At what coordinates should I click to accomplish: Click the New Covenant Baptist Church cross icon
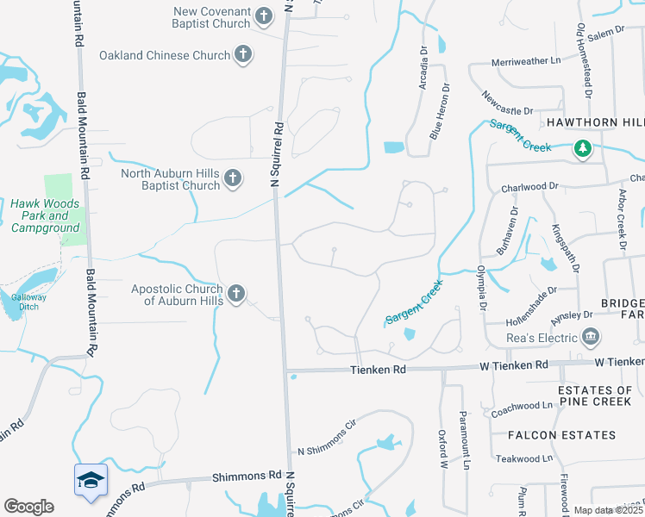pyautogui.click(x=264, y=16)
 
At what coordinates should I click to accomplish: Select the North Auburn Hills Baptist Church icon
pyautogui.click(x=232, y=179)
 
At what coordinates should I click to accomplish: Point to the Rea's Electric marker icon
pyautogui.click(x=590, y=336)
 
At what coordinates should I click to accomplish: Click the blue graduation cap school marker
pyautogui.click(x=90, y=481)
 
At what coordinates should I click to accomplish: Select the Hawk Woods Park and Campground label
pyautogui.click(x=46, y=215)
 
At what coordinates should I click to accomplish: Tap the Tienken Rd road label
pyautogui.click(x=377, y=369)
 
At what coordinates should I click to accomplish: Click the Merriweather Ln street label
pyautogui.click(x=525, y=61)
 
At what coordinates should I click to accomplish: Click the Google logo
pyautogui.click(x=28, y=507)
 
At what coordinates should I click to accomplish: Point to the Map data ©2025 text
pyautogui.click(x=607, y=510)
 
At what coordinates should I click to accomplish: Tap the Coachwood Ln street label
pyautogui.click(x=522, y=405)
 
